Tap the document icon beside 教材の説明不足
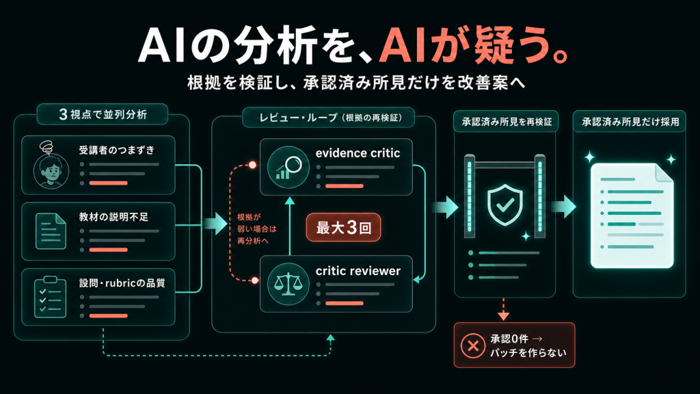pyautogui.click(x=51, y=231)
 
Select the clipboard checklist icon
pyautogui.click(x=50, y=298)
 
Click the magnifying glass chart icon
pyautogui.click(x=288, y=167)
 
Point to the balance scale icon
pyautogui.click(x=288, y=284)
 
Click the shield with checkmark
pyautogui.click(x=505, y=205)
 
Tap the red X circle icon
pyautogui.click(x=473, y=345)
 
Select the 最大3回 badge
pyautogui.click(x=343, y=227)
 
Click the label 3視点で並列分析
pyautogui.click(x=103, y=114)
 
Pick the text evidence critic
pyautogui.click(x=358, y=153)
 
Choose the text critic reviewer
pyautogui.click(x=358, y=271)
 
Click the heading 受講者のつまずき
pyautogui.click(x=117, y=150)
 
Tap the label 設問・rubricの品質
pyautogui.click(x=122, y=283)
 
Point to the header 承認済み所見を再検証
pyautogui.click(x=507, y=122)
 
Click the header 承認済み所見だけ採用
pyautogui.click(x=630, y=122)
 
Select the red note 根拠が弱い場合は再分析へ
pyautogui.click(x=257, y=228)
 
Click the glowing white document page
pyautogui.click(x=632, y=215)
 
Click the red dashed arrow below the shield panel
pyautogui.click(x=504, y=309)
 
